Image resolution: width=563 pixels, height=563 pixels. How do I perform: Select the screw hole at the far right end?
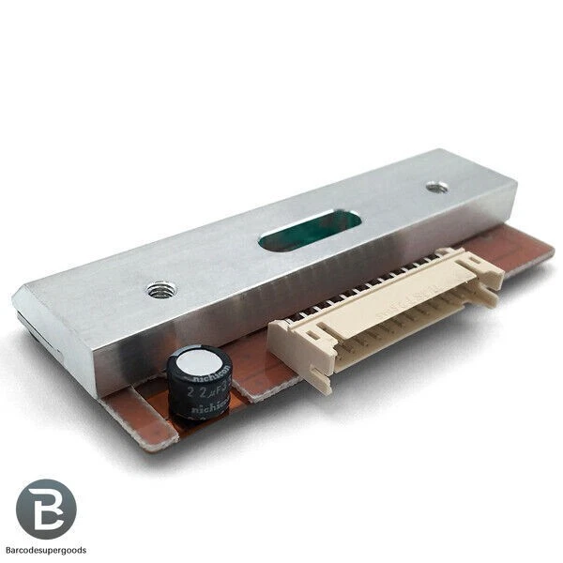coord(435,187)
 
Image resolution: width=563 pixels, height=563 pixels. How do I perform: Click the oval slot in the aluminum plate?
coord(310,231)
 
